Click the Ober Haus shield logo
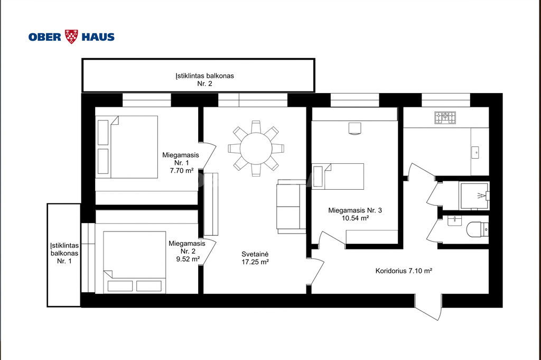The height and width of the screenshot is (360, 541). (x=71, y=36)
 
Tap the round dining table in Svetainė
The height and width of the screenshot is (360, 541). (x=256, y=149)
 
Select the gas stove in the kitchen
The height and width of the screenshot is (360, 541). (x=445, y=117)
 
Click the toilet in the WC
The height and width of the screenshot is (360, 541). (x=477, y=229)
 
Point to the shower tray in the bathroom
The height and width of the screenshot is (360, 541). (x=474, y=196)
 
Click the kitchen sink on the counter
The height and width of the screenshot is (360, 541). (x=475, y=152)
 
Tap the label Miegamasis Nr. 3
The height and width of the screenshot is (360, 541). (x=355, y=210)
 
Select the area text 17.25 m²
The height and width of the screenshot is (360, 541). (x=255, y=262)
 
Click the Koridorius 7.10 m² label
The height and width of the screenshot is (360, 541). (x=404, y=271)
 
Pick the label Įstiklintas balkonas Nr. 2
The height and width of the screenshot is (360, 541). (x=204, y=80)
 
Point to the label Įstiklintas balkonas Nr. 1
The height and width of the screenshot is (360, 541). (x=64, y=253)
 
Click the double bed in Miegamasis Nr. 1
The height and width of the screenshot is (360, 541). (x=127, y=147)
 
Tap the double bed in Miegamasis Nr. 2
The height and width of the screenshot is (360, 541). (x=135, y=262)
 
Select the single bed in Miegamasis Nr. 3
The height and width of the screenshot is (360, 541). (x=338, y=177)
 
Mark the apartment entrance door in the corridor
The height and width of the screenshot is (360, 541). (x=428, y=307)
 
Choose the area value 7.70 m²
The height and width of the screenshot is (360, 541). (x=182, y=171)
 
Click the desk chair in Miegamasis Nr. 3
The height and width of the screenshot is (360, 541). (x=355, y=128)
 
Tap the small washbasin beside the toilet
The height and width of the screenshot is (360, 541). (x=454, y=220)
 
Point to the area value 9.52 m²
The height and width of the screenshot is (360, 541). (x=188, y=259)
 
